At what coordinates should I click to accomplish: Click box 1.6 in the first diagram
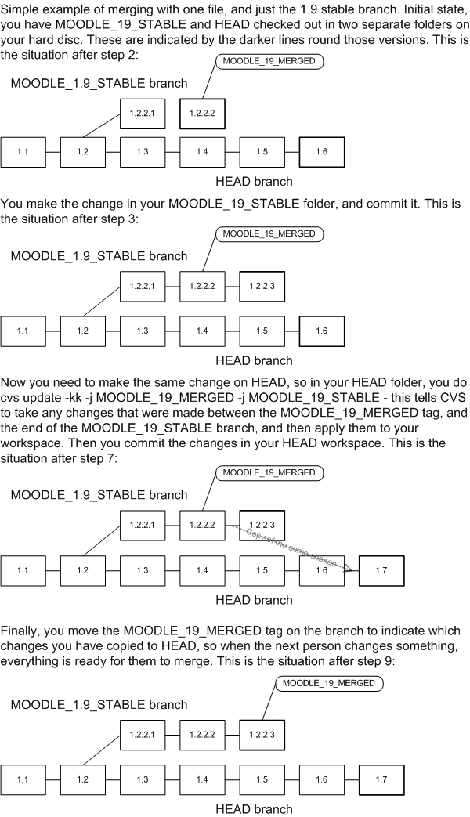(x=321, y=151)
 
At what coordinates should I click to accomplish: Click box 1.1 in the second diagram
(x=23, y=331)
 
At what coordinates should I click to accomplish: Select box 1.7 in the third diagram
(x=381, y=569)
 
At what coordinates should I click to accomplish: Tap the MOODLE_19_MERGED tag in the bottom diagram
(x=328, y=683)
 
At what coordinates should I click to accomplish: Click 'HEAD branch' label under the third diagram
(x=254, y=600)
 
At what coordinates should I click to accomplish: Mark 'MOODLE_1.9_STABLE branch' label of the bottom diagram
(x=99, y=706)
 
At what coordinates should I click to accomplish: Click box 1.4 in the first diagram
(x=202, y=151)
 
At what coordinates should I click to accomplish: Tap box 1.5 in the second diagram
(x=262, y=331)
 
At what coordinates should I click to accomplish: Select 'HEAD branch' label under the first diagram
(x=254, y=182)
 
